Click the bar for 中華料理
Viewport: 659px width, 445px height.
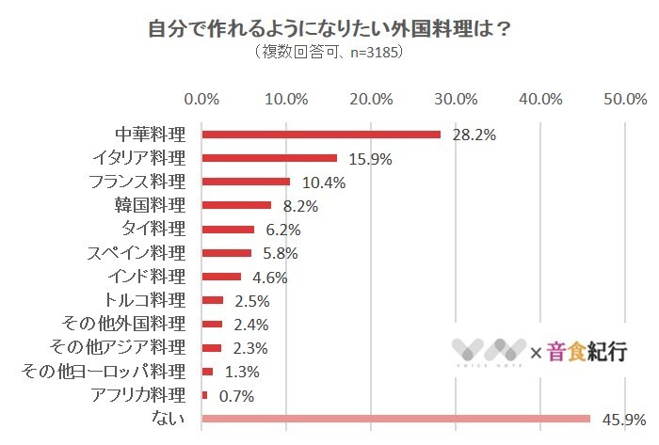point(321,134)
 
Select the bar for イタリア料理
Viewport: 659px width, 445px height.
point(269,157)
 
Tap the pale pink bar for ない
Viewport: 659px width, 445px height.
point(395,419)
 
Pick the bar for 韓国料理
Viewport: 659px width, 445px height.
point(236,205)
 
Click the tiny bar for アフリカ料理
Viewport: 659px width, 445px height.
point(205,395)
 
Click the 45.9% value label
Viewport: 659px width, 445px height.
point(622,419)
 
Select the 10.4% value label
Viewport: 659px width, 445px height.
point(323,182)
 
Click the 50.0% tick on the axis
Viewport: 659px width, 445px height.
point(625,99)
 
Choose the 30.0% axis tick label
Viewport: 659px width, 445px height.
point(457,99)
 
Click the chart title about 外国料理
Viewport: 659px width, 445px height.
point(329,28)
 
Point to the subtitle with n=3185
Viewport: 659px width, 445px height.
point(329,53)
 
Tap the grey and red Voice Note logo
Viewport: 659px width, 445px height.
point(488,352)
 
